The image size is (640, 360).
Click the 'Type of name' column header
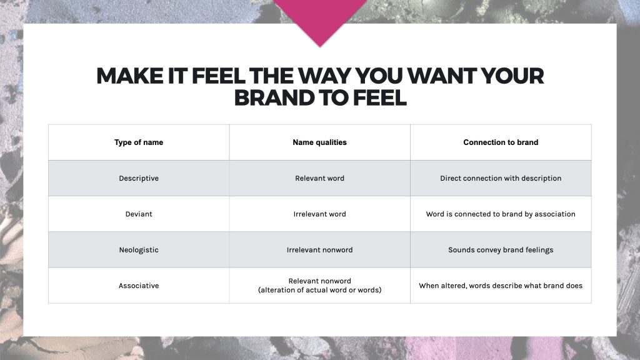tap(139, 142)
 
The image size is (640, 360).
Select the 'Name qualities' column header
tap(319, 142)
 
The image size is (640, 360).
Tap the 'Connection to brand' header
tap(501, 142)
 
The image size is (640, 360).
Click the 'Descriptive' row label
tap(139, 178)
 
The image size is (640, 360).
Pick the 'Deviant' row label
tap(139, 214)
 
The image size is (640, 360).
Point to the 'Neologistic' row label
tap(139, 250)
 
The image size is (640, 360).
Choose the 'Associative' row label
tap(139, 286)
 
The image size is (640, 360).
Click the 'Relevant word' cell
tap(319, 178)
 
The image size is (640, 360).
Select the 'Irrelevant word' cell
tap(319, 214)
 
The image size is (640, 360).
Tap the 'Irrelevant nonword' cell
tap(319, 250)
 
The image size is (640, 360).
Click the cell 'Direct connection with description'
tap(501, 178)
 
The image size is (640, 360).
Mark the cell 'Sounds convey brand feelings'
tap(501, 250)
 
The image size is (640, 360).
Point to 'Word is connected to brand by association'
tap(501, 214)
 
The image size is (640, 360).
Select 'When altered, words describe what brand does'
tap(501, 286)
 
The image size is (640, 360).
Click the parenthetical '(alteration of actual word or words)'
tap(319, 290)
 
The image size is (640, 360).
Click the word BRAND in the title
tap(274, 98)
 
